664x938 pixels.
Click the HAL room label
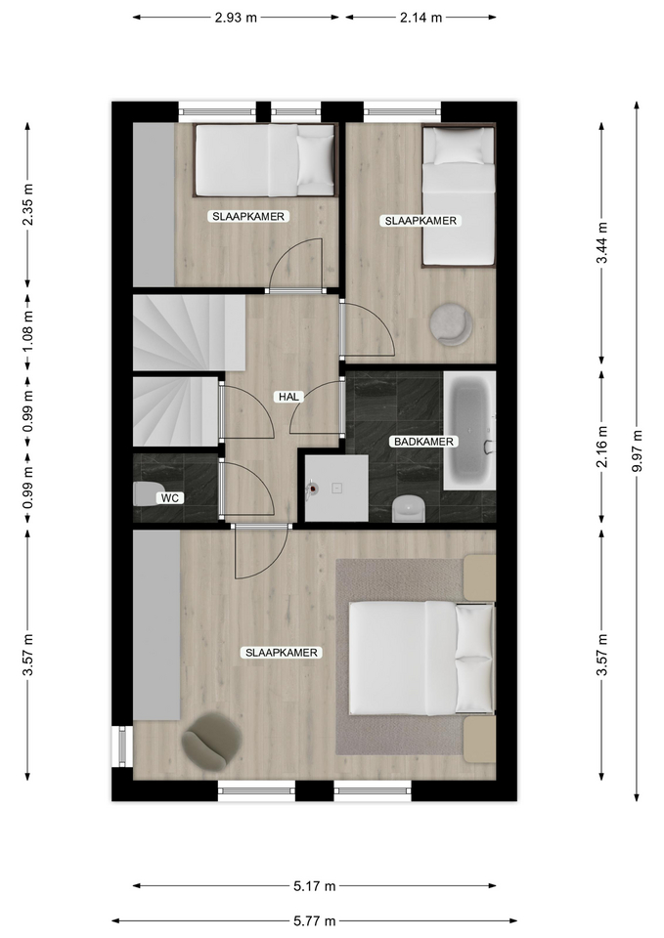pos(288,397)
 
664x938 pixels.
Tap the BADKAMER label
pos(423,442)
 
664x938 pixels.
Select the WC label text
pos(169,497)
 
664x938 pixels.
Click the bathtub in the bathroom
pos(469,431)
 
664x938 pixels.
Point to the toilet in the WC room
pos(146,494)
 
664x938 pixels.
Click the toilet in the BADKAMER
pos(409,508)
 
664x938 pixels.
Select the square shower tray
pos(336,488)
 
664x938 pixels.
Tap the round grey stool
pos(451,324)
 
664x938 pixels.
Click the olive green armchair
pos(212,740)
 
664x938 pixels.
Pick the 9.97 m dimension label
pos(637,451)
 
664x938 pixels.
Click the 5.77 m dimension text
pos(314,921)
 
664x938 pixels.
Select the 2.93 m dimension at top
pos(236,18)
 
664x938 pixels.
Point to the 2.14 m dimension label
pos(421,18)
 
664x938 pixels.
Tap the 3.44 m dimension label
pos(602,242)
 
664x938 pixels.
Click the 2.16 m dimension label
pos(602,447)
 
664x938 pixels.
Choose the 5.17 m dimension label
pos(314,886)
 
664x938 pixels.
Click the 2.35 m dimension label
pos(27,205)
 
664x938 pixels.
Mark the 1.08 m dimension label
pos(27,332)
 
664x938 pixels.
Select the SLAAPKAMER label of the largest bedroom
pos(282,653)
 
